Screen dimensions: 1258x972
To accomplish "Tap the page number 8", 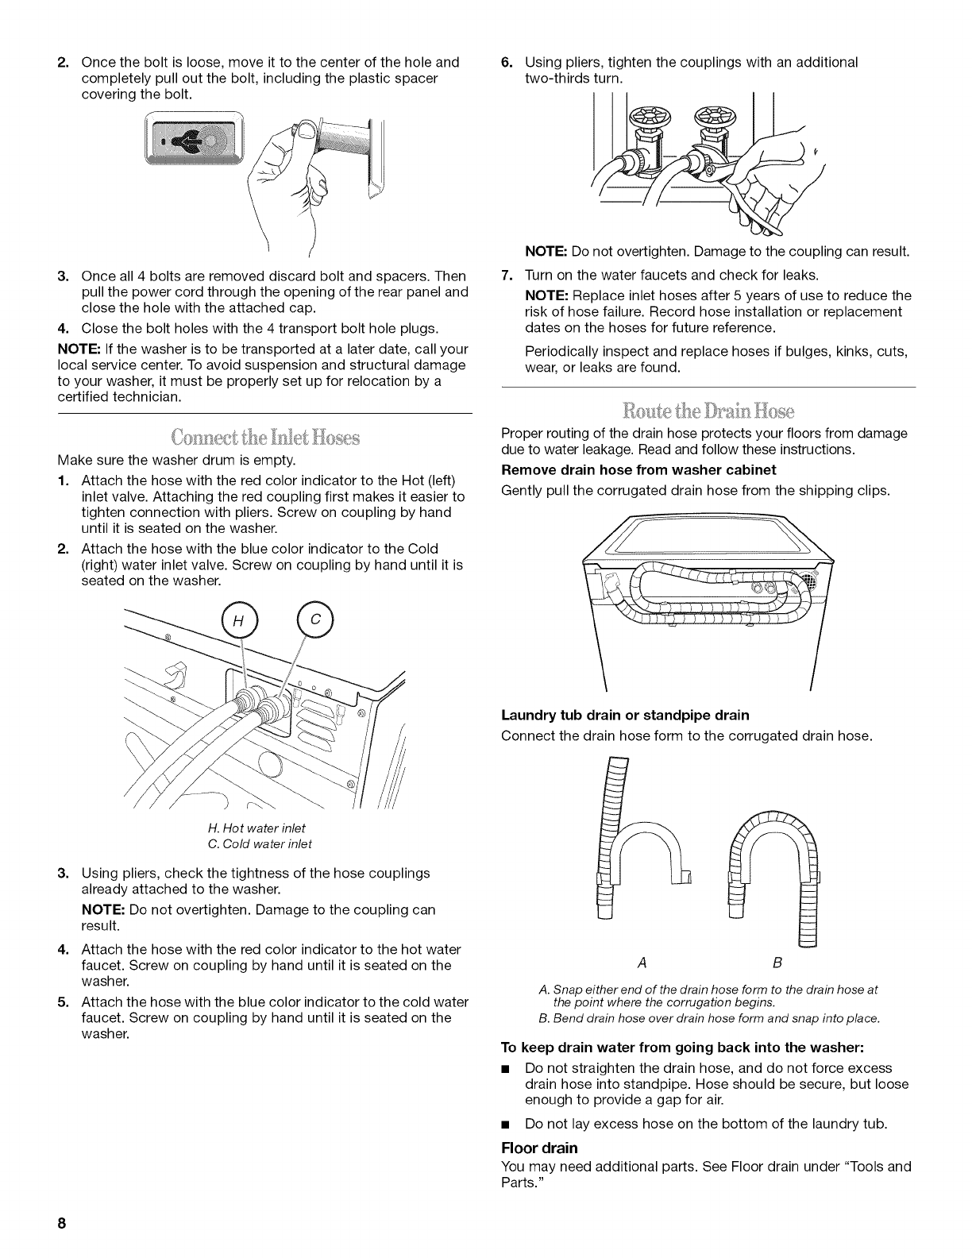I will [x=60, y=1224].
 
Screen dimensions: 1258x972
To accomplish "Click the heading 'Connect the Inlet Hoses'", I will [x=265, y=438].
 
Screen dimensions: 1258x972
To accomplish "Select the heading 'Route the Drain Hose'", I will [x=708, y=410].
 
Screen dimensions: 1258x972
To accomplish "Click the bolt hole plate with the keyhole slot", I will [x=193, y=137].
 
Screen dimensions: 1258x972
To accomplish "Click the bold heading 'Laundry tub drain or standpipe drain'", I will [x=626, y=715].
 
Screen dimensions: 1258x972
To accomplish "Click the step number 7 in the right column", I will [x=507, y=275].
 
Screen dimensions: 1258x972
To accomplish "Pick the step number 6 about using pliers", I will [x=507, y=62].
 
